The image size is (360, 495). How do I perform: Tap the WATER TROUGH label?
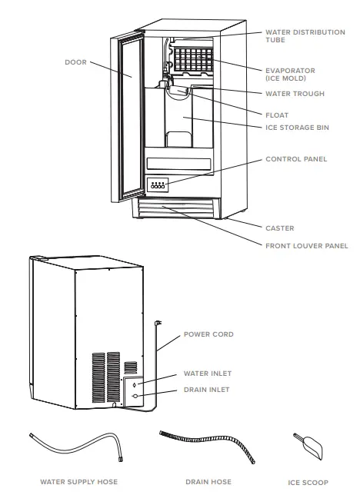tap(295, 94)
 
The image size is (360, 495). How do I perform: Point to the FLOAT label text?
tap(277, 115)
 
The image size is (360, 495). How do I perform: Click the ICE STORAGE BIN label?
tap(297, 128)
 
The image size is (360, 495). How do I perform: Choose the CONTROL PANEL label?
tap(296, 159)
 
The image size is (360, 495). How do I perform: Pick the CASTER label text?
tap(280, 228)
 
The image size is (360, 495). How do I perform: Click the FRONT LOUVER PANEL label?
tap(306, 246)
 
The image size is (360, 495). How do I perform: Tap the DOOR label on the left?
tap(75, 62)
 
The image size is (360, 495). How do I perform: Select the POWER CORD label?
tap(208, 334)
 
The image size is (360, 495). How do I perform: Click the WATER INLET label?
tap(207, 374)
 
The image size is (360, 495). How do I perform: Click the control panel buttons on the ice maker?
tap(158, 185)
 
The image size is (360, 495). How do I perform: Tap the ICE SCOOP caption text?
tap(308, 483)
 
